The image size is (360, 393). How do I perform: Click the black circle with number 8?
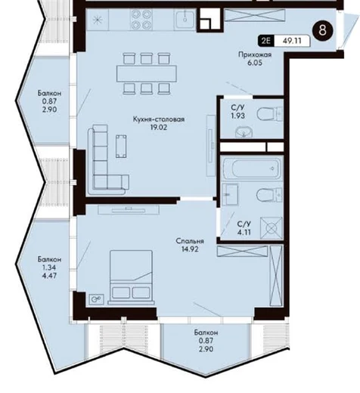coord(323,30)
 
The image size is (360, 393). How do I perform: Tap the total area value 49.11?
coord(292,41)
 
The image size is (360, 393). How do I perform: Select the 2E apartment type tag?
coord(265,41)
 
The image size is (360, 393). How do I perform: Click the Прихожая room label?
coord(255,54)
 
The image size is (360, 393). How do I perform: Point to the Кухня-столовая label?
coord(159,119)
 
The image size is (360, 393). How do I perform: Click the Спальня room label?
coord(190,241)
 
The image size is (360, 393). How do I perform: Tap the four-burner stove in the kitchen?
coord(141,20)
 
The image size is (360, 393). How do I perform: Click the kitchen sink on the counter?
coord(185,19)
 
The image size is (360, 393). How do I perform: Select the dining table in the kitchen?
coord(147,73)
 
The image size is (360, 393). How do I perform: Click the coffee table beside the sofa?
coord(121,147)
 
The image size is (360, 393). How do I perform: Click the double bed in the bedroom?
coord(131,277)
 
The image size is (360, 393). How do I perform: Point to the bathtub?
coord(253,168)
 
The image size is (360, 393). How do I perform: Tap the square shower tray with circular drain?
coord(272,228)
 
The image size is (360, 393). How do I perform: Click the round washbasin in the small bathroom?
coord(244,132)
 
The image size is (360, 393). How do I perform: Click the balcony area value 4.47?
coord(49,275)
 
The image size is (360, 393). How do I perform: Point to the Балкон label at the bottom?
coord(206,333)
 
